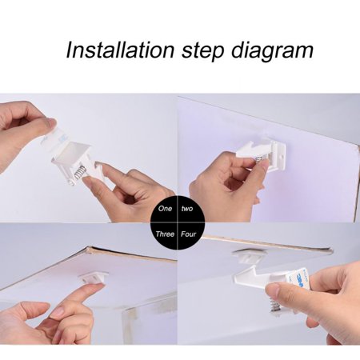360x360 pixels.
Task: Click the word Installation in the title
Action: coord(120,50)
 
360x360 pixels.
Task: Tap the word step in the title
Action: coord(203,51)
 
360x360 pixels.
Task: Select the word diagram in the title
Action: coord(272,51)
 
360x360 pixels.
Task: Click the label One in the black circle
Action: coord(165,208)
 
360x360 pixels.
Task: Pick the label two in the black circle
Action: coord(187,208)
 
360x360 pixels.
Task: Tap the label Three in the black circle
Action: coord(165,234)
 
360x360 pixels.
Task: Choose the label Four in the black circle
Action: coord(188,234)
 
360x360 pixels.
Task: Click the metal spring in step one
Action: coord(79,173)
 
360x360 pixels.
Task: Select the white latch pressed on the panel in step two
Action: coord(262,154)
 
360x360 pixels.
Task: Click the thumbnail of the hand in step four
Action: coord(273,289)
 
